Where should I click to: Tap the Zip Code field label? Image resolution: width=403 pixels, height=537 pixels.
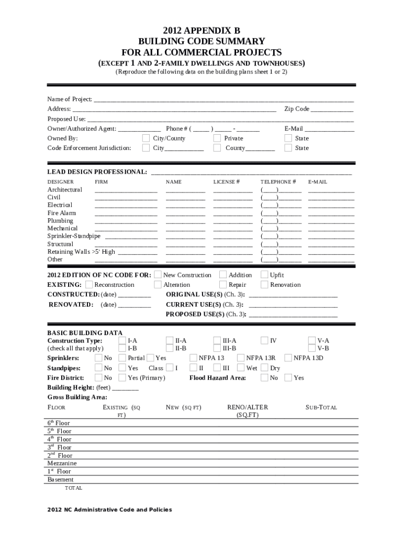[x=297, y=109]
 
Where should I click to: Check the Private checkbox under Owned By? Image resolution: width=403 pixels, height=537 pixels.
[x=217, y=138]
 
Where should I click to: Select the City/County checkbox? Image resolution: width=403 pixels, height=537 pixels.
[x=146, y=138]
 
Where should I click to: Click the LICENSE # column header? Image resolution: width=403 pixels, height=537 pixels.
[x=226, y=181]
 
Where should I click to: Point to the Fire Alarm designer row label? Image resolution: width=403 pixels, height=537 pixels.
[x=62, y=213]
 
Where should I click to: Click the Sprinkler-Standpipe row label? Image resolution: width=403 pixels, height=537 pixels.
[x=74, y=236]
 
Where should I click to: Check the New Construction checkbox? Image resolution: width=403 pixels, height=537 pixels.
[x=158, y=275]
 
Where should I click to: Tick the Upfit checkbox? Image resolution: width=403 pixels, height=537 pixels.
[x=264, y=275]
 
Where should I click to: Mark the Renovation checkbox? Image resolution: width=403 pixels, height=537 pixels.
[x=264, y=285]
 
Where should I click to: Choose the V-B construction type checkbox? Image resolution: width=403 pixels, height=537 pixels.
[x=312, y=348]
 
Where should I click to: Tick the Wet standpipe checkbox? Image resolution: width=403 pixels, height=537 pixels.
[x=241, y=368]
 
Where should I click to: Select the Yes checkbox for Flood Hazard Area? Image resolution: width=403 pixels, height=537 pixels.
[x=287, y=378]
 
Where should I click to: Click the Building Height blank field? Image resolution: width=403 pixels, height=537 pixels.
[x=125, y=389]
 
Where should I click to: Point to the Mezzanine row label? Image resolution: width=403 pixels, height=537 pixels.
[x=62, y=464]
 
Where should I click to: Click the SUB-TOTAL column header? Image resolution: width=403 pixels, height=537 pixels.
[x=321, y=407]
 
